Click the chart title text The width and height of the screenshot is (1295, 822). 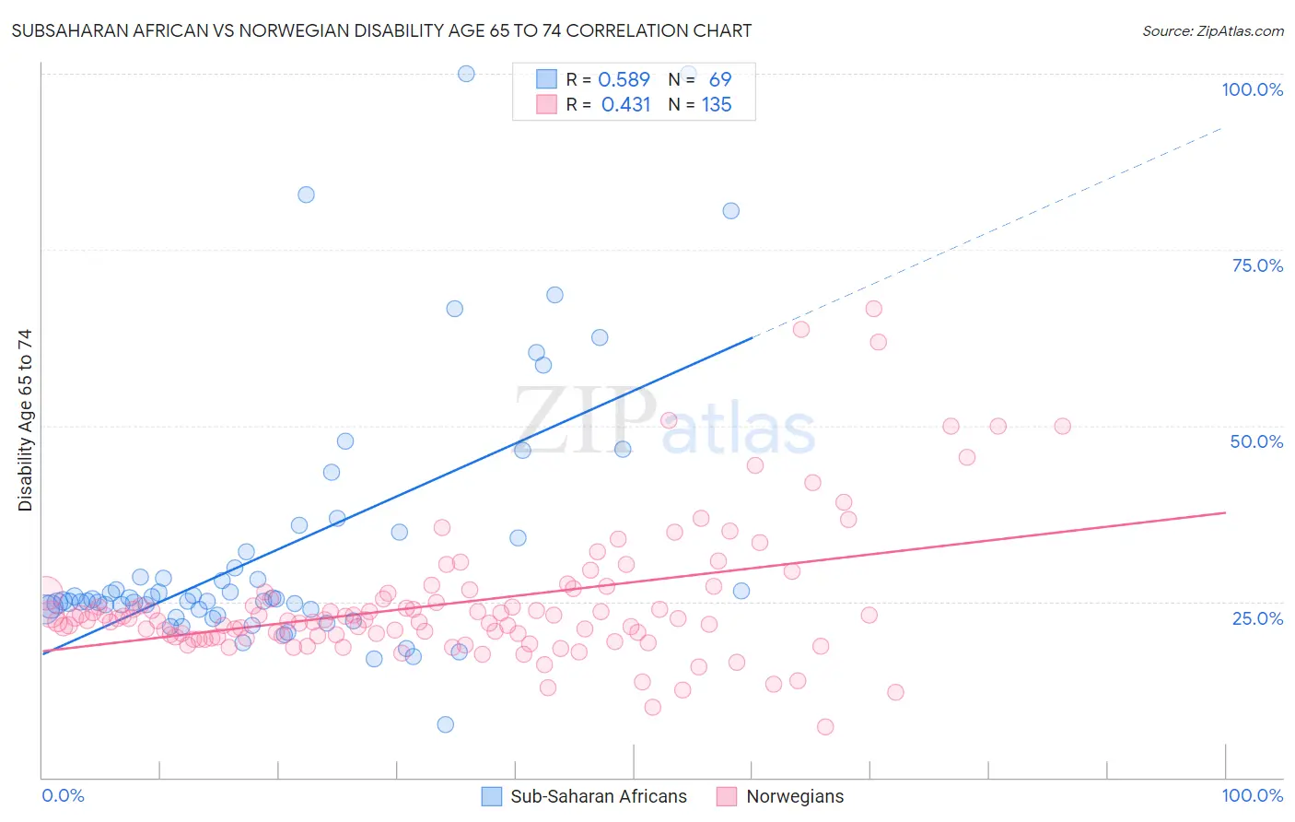point(381,30)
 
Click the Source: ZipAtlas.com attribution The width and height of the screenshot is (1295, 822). point(1212,30)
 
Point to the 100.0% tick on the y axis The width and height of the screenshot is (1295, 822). point(1252,89)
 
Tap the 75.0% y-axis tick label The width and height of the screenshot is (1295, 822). point(1257,265)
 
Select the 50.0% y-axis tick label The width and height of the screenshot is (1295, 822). point(1256,441)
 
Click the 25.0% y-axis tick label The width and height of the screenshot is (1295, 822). point(1257,617)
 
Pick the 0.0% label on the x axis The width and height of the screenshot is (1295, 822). point(63,795)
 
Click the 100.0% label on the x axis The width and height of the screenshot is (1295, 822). point(1252,795)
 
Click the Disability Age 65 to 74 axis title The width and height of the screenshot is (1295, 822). point(25,420)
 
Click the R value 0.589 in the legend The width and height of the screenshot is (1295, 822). point(624,79)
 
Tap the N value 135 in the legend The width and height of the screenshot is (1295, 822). point(717,104)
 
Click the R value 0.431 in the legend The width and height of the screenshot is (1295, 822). point(625,104)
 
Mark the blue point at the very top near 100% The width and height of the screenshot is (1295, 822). point(466,74)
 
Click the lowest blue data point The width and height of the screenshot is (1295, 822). point(446,724)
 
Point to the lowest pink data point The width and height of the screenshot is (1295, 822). point(825,727)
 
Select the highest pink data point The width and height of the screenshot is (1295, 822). point(874,309)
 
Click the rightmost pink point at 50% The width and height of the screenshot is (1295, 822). point(1062,426)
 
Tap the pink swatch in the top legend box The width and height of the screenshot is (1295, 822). point(546,104)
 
